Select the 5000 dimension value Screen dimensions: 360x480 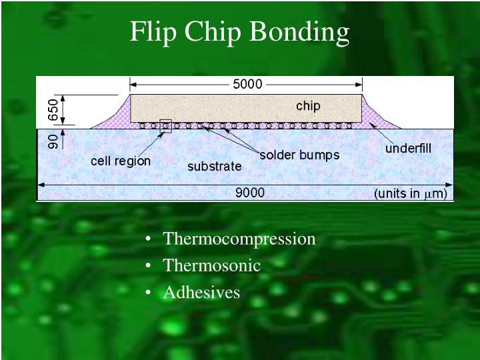click(247, 85)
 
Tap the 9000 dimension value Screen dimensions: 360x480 click(250, 193)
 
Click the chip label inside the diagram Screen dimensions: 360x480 click(308, 106)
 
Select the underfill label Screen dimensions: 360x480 click(409, 148)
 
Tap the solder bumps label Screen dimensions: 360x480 click(299, 155)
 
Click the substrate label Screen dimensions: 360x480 click(214, 166)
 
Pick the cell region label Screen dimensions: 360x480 click(121, 161)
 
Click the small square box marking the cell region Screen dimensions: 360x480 click(165, 125)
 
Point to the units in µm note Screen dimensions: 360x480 click(410, 194)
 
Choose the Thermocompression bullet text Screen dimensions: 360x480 click(239, 239)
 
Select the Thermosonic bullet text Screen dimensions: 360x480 click(211, 265)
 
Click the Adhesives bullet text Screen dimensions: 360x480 click(201, 292)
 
